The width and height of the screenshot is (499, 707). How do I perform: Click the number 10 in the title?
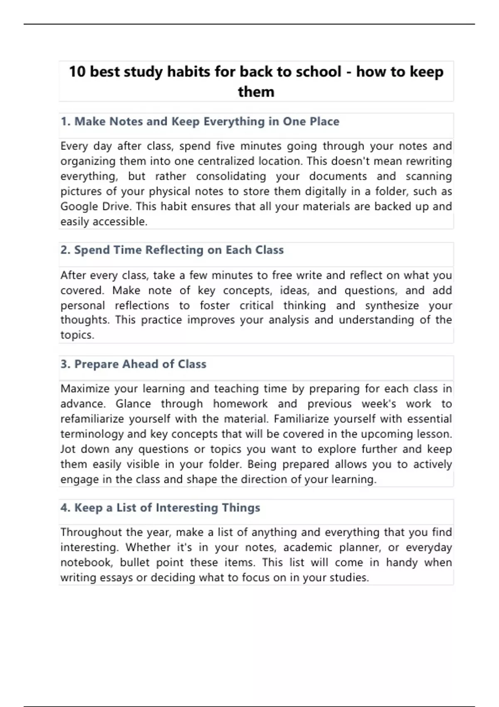pyautogui.click(x=77, y=72)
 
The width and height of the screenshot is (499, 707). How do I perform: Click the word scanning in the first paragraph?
pyautogui.click(x=428, y=176)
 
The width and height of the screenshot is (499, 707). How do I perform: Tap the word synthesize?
pyautogui.click(x=392, y=306)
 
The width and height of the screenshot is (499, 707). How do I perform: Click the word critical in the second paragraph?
pyautogui.click(x=256, y=306)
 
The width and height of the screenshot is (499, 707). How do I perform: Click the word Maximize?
pyautogui.click(x=85, y=389)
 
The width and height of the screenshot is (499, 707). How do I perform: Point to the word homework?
pyautogui.click(x=240, y=404)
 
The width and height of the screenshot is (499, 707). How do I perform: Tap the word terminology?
pyautogui.click(x=92, y=434)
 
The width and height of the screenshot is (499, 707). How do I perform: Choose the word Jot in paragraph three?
pyautogui.click(x=68, y=449)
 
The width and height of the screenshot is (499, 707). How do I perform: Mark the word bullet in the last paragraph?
pyautogui.click(x=134, y=563)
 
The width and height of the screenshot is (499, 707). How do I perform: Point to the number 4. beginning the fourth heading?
pyautogui.click(x=65, y=508)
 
